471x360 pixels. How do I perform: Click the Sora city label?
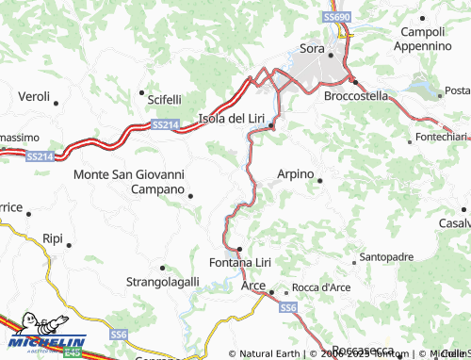click(311, 48)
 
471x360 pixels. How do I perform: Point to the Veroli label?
click(34, 96)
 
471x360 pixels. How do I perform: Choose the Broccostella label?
click(356, 96)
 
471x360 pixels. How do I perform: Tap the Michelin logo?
click(43, 342)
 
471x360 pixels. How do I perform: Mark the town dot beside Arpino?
click(320, 180)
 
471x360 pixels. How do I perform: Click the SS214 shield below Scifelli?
click(164, 123)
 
